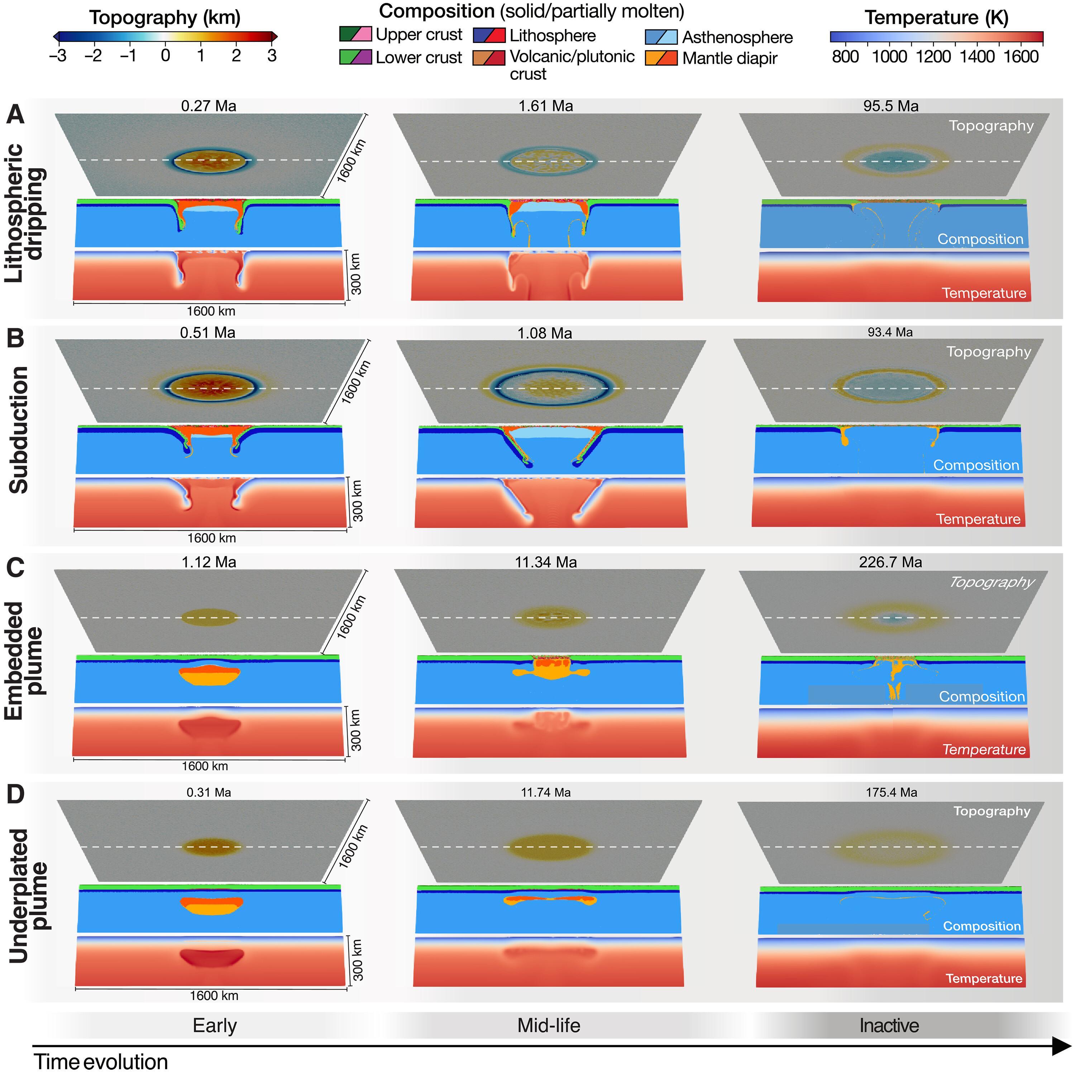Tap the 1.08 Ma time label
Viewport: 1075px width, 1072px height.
[x=544, y=333]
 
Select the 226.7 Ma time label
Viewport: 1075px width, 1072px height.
[x=890, y=562]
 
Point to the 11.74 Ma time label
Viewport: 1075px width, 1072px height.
[x=545, y=792]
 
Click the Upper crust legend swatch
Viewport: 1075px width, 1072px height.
[x=355, y=34]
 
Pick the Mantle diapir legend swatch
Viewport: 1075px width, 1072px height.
[x=661, y=58]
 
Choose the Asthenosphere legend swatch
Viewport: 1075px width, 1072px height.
[x=661, y=37]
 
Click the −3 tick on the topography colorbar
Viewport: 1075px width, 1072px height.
[x=58, y=56]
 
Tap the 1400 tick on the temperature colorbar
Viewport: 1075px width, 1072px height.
[x=977, y=56]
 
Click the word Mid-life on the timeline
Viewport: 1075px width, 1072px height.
[x=549, y=1025]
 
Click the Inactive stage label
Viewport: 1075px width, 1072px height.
[x=889, y=1025]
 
